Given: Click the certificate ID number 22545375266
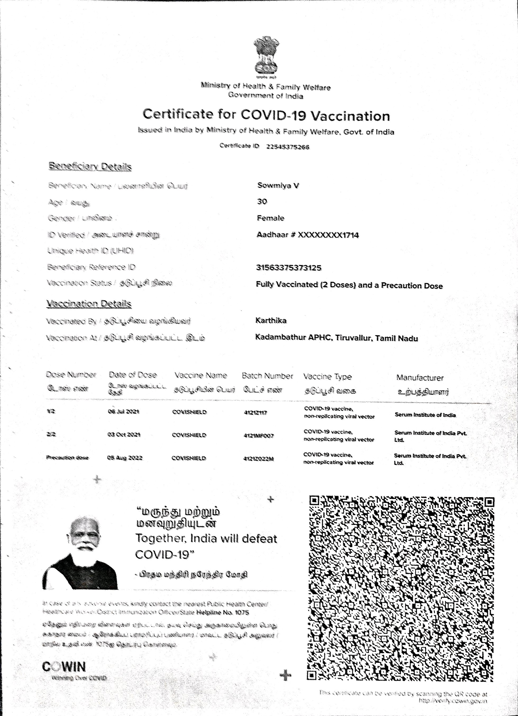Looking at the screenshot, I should point(288,147).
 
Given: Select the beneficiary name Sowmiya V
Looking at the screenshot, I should point(278,185).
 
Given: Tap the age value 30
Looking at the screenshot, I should point(262,201).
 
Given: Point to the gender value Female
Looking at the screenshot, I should point(271,218).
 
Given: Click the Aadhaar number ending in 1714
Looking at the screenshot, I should point(308,235).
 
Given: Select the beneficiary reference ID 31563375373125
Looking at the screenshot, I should point(288,268).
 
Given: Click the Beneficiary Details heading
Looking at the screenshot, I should point(90,166).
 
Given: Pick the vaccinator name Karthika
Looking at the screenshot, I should point(271,320).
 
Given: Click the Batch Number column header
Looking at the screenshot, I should point(267,376).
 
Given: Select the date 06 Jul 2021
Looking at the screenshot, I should point(123,412).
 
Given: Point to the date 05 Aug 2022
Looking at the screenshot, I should point(125,458).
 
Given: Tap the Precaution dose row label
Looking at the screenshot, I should point(67,458).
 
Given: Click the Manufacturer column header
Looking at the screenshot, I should point(420,378).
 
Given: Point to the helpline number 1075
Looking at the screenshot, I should point(242,612).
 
